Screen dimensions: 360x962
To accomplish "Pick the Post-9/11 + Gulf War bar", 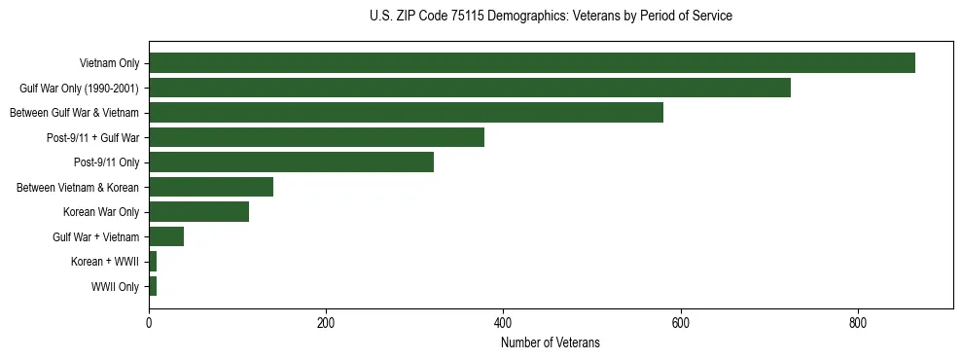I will point(316,138).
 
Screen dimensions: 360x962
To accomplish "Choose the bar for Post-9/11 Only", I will point(291,162).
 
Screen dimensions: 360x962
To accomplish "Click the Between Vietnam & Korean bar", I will point(211,187).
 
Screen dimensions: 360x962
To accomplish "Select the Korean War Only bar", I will point(198,212).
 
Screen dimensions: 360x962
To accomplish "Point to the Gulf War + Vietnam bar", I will point(166,236).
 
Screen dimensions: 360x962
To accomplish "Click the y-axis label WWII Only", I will point(115,287).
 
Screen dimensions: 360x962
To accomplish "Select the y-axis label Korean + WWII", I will point(105,263).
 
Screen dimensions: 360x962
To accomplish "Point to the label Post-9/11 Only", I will point(107,162).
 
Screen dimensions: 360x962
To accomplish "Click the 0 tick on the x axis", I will point(149,323).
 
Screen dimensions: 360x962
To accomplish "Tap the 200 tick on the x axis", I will point(326,323).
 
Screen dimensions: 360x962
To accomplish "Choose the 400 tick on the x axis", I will point(503,323).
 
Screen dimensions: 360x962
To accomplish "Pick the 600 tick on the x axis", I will point(681,323).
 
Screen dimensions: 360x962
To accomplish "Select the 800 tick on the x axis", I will point(858,323).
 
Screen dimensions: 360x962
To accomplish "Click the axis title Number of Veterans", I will point(550,343).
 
